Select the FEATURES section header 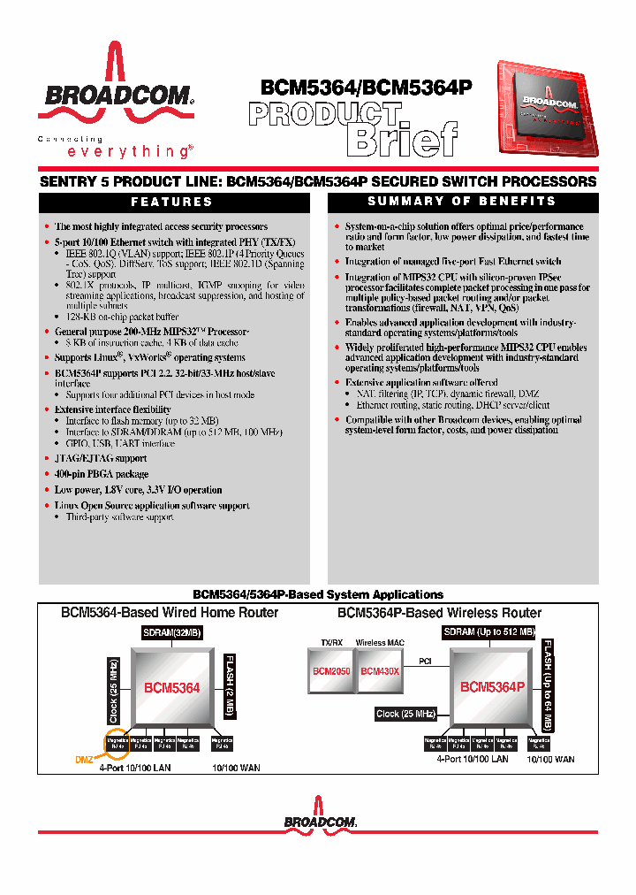[173, 202]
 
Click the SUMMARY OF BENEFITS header [462, 202]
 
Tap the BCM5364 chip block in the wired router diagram [172, 687]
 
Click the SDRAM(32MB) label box [172, 632]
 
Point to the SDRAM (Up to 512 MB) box [488, 632]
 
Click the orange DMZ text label [83, 759]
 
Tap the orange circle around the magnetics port [117, 744]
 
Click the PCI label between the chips [425, 660]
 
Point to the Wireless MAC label [378, 643]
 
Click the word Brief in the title [402, 139]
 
